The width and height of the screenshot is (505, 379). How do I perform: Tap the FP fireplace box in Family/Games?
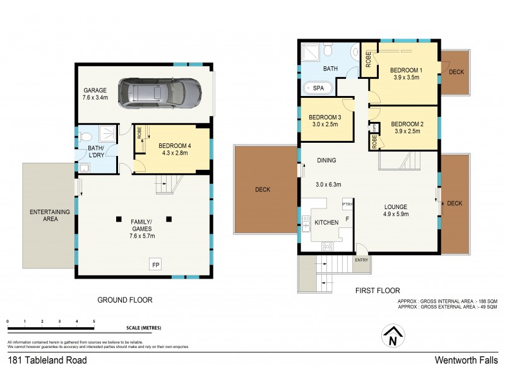point(155,265)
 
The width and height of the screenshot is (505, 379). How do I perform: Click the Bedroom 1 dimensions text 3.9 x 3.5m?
point(405,78)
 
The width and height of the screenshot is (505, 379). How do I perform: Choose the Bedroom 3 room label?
point(325,117)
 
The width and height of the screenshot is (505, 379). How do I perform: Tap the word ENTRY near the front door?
point(362,260)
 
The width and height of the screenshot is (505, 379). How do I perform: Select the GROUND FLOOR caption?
point(124,300)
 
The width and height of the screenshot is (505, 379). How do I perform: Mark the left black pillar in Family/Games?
point(118,219)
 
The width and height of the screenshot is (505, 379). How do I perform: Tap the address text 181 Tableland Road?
point(47,361)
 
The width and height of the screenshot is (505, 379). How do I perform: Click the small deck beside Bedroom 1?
point(456,72)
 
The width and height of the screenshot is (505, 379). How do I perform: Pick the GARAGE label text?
point(95,90)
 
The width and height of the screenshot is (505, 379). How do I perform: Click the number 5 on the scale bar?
point(94,322)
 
